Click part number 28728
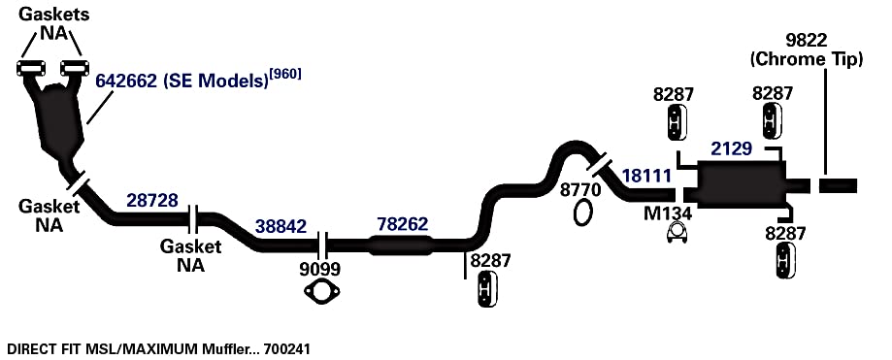(151, 200)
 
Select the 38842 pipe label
(281, 227)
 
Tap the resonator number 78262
(402, 224)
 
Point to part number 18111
(646, 176)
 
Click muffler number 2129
(732, 149)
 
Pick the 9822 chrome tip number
(806, 41)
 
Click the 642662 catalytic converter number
(126, 81)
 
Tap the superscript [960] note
(285, 75)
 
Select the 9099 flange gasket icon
(322, 292)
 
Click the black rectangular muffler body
(741, 183)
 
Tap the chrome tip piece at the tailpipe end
(838, 186)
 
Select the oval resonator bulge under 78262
(402, 245)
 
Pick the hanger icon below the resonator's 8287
(488, 289)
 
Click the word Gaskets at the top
(54, 15)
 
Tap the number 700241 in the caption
(287, 348)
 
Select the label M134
(668, 213)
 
